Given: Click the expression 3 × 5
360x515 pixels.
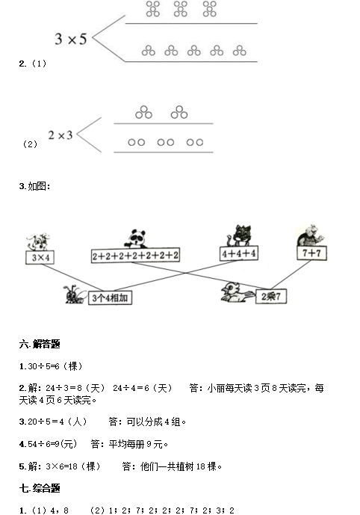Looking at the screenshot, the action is tap(71, 39).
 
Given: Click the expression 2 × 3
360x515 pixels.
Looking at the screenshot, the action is tap(60, 135).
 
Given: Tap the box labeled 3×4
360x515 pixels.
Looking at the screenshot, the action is tap(40, 257).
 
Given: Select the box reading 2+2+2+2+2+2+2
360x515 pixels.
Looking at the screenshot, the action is tap(135, 256).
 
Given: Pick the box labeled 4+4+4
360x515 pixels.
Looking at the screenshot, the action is tap(239, 253).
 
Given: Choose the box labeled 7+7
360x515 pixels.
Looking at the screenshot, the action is tap(311, 253).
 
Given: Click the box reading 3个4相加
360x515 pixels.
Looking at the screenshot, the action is tap(110, 298).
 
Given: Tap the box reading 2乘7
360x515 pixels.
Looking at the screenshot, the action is tap(271, 296).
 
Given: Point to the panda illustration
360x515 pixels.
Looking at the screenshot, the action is tap(136, 238).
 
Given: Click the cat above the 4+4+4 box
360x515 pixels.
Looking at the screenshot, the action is tap(239, 235).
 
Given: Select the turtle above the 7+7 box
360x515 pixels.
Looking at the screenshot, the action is tap(310, 235).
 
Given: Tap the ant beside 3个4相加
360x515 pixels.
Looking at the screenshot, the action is tap(75, 294).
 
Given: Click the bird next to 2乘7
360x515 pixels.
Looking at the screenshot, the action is tap(237, 292).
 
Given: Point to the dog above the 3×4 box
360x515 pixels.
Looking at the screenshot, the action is tap(39, 242).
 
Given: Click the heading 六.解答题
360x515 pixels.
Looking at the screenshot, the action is tap(40, 345).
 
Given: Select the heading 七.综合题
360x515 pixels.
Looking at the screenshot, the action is tap(40, 488).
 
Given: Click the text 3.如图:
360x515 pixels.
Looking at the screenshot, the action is tap(35, 186).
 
